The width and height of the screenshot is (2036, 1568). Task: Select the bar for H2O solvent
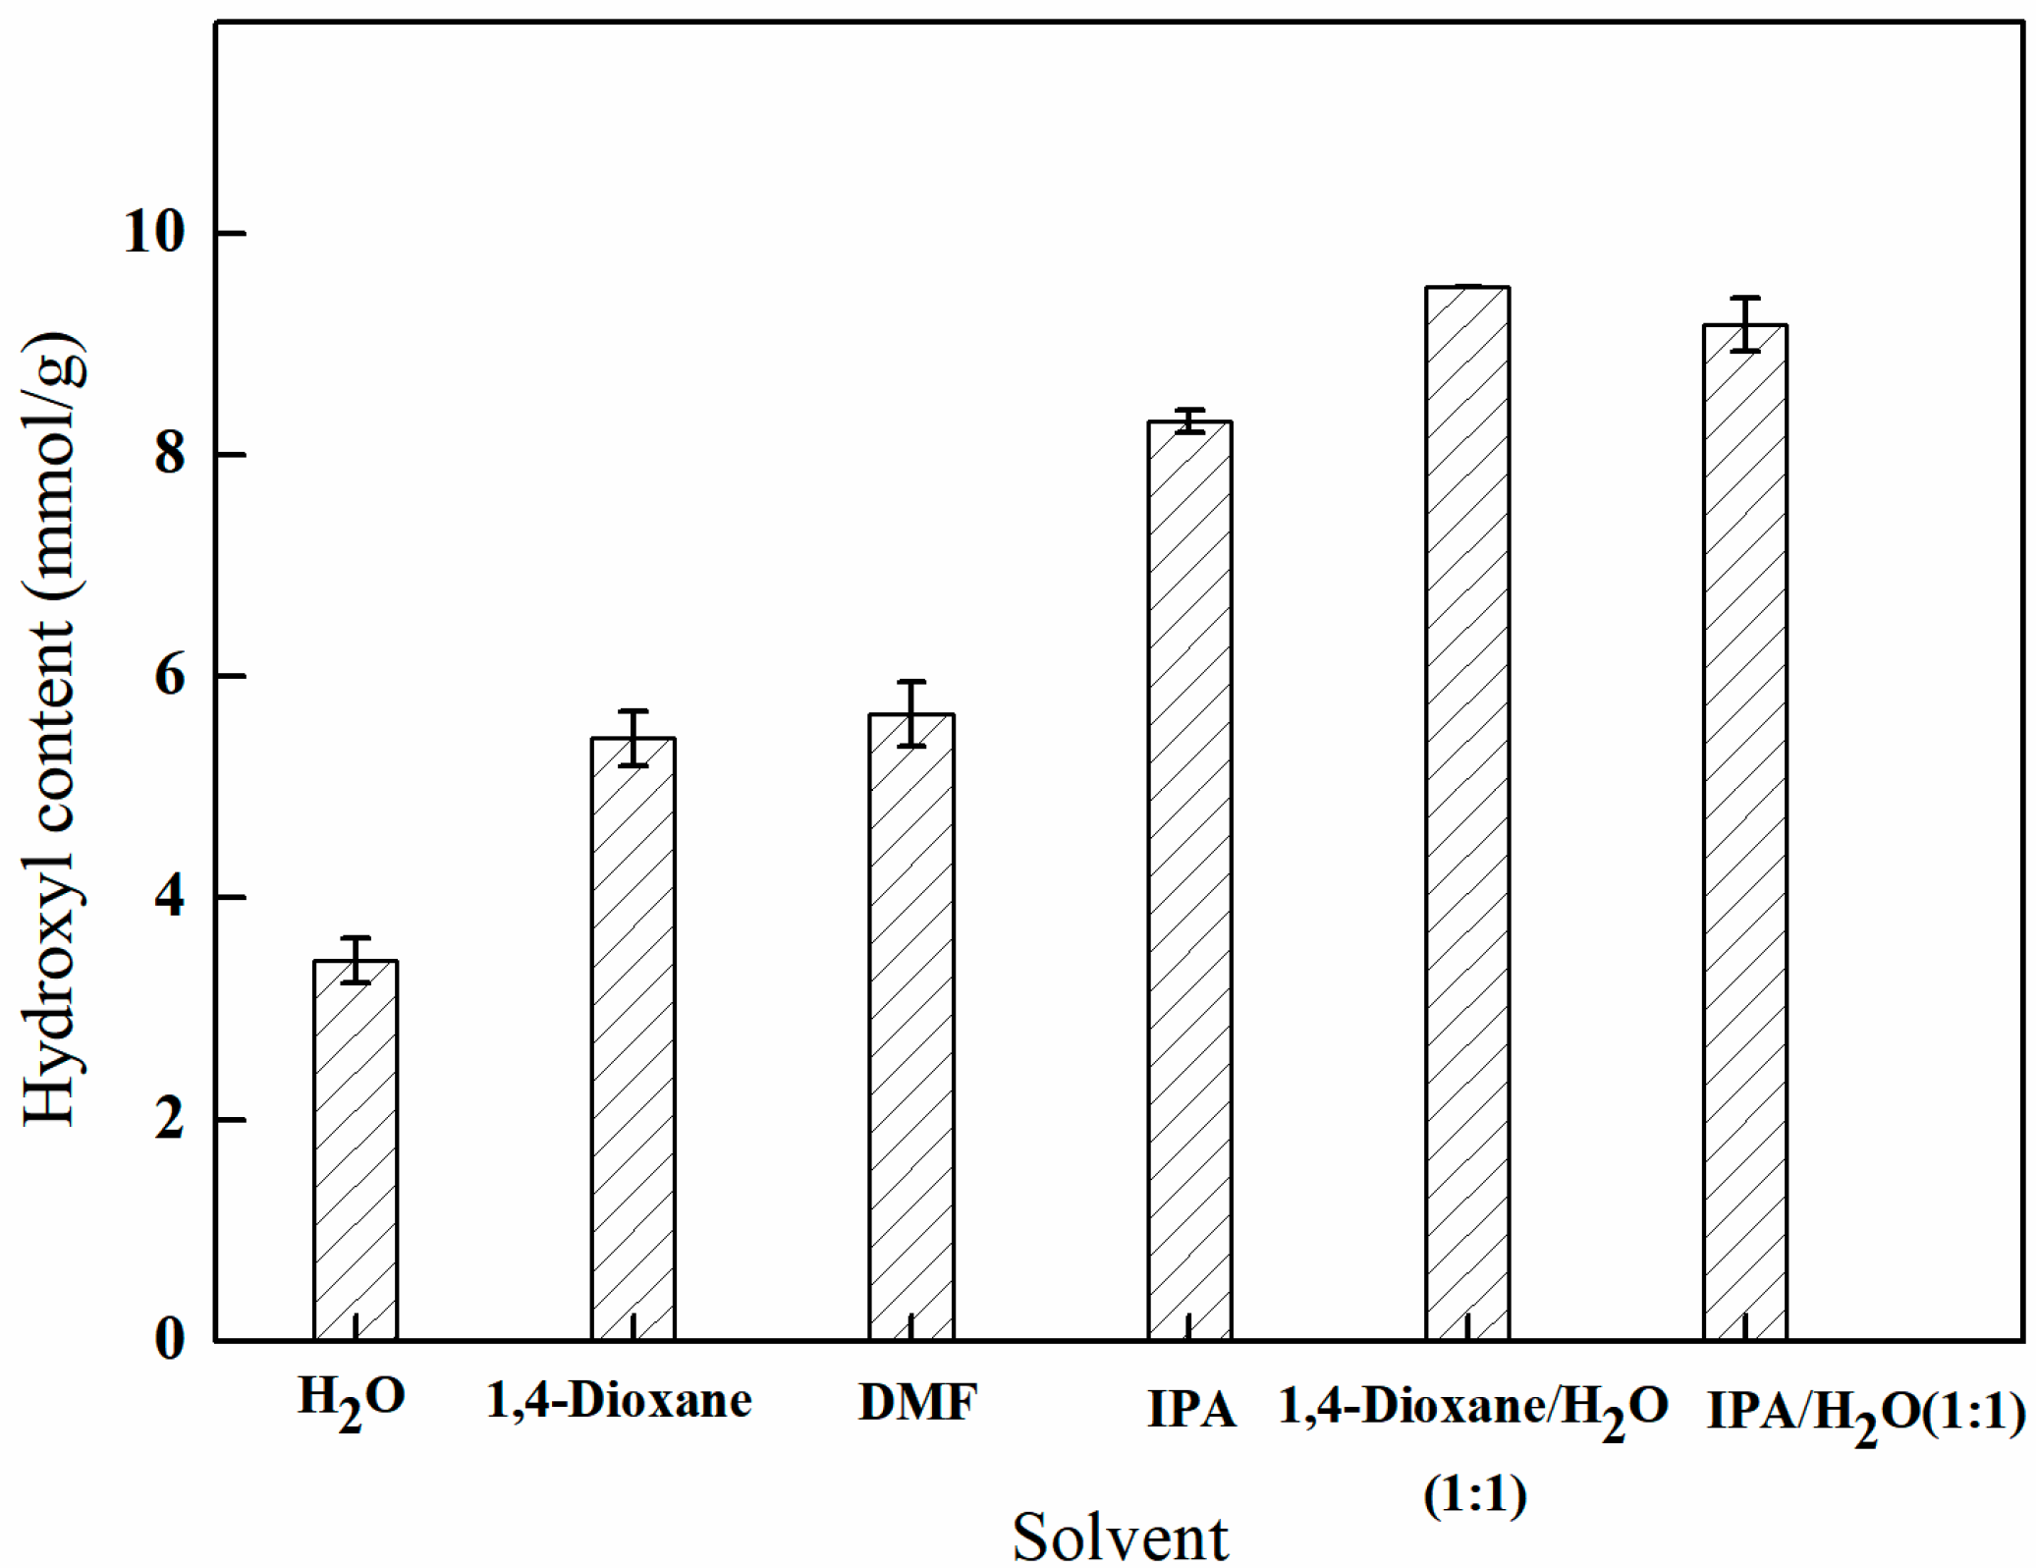coord(355,1149)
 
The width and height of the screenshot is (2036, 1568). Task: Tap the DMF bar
coord(910,1027)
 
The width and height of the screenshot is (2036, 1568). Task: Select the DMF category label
coord(917,1404)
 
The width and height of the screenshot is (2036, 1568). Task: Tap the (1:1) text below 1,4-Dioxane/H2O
coord(1474,1496)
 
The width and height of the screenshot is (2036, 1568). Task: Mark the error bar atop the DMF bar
coord(911,713)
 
